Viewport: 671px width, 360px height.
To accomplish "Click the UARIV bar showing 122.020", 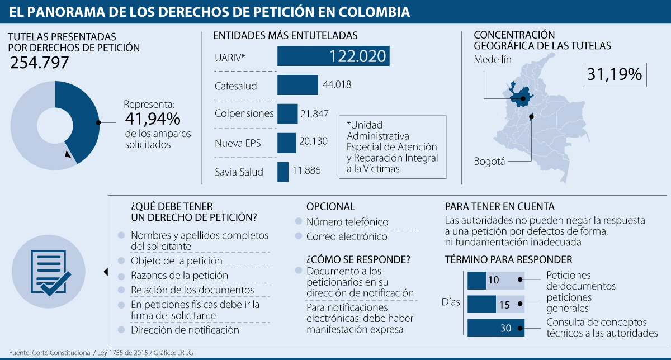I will [x=333, y=56].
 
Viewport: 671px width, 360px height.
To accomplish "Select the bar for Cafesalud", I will [x=297, y=85].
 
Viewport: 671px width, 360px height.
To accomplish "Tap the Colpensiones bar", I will [x=287, y=113].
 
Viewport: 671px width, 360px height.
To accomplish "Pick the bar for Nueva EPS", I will [x=286, y=143].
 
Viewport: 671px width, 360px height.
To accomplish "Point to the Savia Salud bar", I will [x=283, y=172].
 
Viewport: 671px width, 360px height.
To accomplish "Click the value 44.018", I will [x=337, y=85].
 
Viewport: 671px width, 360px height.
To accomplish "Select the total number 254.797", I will [x=39, y=63].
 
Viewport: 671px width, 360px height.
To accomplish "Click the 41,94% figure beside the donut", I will [x=152, y=119].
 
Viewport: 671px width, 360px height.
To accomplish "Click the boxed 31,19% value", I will [x=615, y=74].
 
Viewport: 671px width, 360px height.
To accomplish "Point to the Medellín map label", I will [x=493, y=60].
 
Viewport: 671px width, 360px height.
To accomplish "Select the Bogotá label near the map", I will [x=489, y=162].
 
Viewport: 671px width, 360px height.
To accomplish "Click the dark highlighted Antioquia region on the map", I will [x=522, y=96].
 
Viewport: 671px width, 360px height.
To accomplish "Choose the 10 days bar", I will [x=477, y=280].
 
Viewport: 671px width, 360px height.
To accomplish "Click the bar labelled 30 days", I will [x=495, y=328].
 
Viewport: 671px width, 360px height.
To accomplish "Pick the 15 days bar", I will [x=481, y=305].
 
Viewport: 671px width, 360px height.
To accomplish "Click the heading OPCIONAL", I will [x=330, y=206].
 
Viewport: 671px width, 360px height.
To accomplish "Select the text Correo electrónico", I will [x=347, y=236].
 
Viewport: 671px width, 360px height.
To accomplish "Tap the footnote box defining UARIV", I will [x=393, y=147].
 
